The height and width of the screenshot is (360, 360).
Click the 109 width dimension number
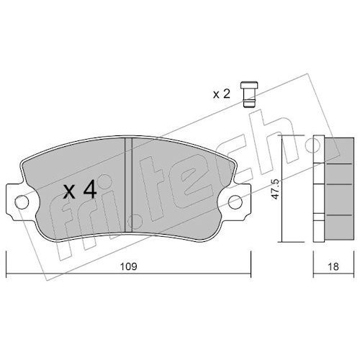pos(128,266)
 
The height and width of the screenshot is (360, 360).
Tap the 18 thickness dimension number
pos(333,266)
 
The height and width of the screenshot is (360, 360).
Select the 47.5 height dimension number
pos(276,189)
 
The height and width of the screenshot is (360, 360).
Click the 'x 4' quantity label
pos(80,190)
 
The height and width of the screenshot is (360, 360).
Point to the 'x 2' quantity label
pos(222,94)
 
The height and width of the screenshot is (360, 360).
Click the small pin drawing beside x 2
pos(249,94)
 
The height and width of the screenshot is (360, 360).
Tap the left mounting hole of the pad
pos(22,202)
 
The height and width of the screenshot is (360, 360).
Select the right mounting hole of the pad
pos(235,202)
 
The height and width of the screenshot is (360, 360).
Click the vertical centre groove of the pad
pos(129,185)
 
